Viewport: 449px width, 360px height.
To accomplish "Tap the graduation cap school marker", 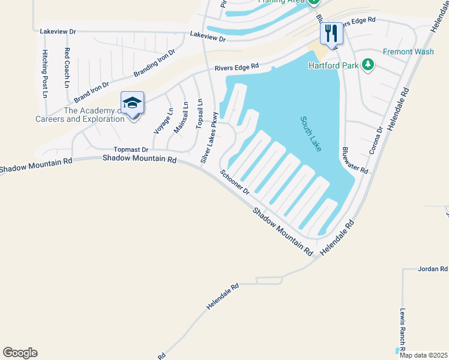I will click(132, 102).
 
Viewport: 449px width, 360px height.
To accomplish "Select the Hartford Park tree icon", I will click(368, 64).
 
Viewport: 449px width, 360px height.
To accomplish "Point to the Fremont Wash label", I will click(408, 52).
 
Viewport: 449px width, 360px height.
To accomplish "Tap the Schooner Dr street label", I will click(235, 182).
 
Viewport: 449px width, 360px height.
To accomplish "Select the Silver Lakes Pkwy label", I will click(208, 137).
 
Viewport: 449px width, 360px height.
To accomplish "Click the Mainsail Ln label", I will click(181, 118).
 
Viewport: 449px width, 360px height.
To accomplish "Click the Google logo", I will click(20, 353).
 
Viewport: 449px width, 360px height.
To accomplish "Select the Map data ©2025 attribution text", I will click(423, 355).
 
